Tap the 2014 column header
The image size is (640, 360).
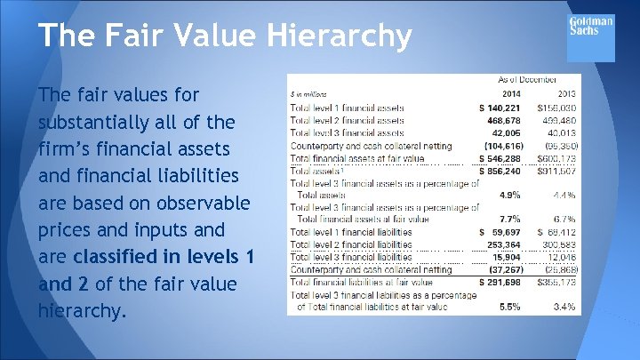coord(512,93)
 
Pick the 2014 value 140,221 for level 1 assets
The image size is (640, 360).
coord(505,108)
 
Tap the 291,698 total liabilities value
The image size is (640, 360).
coord(505,281)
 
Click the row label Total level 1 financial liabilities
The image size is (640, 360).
coord(351,231)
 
